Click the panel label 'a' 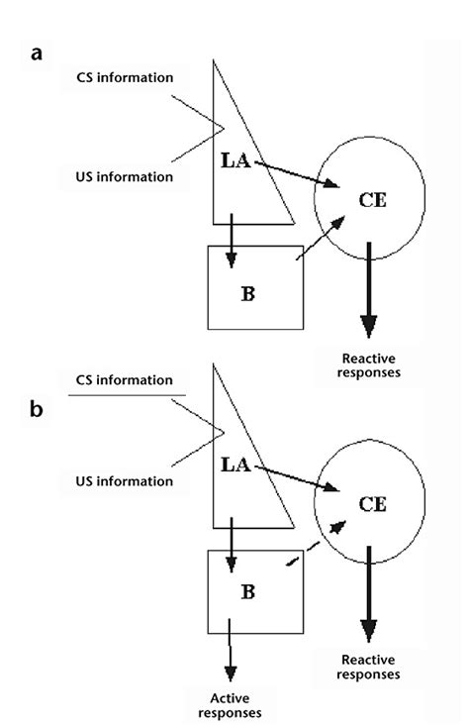[37, 53]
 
